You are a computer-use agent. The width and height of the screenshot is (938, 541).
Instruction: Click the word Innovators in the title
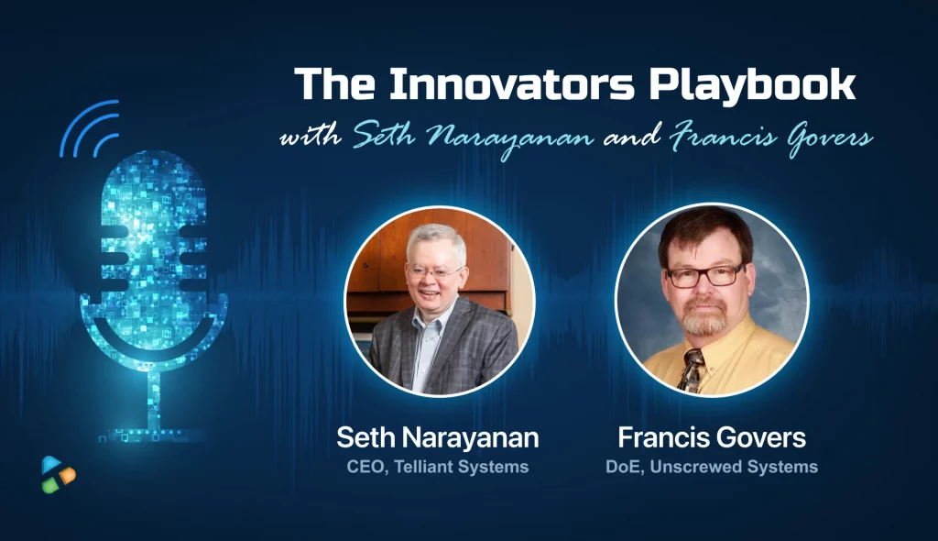coord(511,83)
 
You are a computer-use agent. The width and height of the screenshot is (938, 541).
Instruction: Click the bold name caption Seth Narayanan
coord(437,438)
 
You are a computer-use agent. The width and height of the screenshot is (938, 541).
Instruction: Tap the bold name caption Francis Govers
coord(711,438)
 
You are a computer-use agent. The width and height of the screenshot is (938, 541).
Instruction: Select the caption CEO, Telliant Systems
coord(437,467)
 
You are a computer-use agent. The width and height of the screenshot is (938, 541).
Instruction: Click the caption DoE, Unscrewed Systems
coord(711,467)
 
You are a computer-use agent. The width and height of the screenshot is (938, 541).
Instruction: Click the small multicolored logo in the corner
coord(58,474)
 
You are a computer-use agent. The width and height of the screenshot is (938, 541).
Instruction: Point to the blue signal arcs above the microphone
coord(90,127)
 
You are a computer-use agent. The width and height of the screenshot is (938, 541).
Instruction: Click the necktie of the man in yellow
coord(691,370)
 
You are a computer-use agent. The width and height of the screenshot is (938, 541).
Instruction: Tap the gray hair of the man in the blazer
coord(436,243)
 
